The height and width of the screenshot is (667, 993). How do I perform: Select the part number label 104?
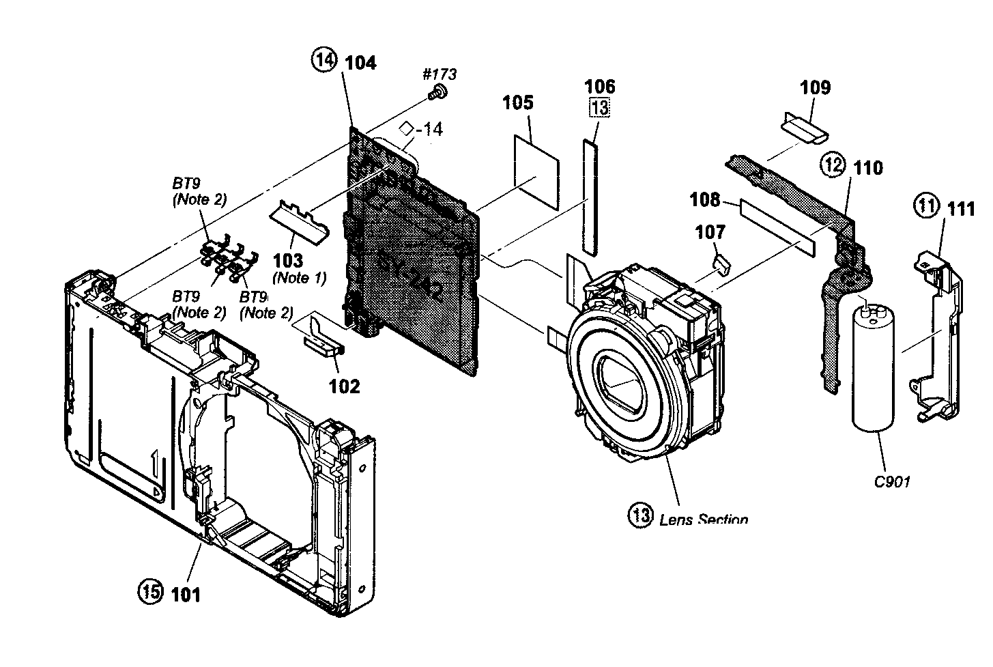click(x=360, y=63)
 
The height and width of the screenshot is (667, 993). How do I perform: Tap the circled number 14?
click(x=325, y=61)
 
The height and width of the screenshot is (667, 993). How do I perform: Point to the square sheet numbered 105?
click(x=536, y=171)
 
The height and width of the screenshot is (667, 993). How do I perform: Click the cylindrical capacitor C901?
click(x=874, y=369)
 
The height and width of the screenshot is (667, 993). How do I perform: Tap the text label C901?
click(x=892, y=482)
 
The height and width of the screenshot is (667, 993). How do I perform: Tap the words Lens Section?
click(x=703, y=520)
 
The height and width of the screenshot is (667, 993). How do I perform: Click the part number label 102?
click(x=344, y=386)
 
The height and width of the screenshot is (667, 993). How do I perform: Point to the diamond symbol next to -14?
click(x=407, y=128)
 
